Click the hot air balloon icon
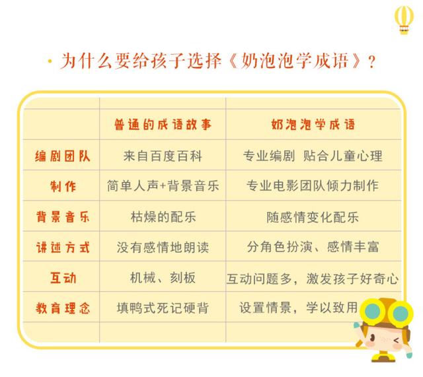tap(404, 20)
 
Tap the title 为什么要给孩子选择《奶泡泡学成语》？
tap(218, 61)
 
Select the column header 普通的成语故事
tap(163, 125)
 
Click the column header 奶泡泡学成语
tap(313, 125)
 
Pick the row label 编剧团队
tap(62, 156)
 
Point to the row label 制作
tap(63, 186)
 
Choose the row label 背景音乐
tap(63, 217)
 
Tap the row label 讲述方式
tap(63, 247)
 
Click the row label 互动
tap(63, 277)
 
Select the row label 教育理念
tap(63, 308)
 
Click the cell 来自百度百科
tap(163, 156)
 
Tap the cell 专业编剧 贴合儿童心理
tap(313, 156)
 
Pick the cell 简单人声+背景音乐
tap(163, 186)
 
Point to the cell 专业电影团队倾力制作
tap(313, 186)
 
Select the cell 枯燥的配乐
tap(163, 217)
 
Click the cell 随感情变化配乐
tap(313, 217)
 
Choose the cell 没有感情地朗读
tap(163, 248)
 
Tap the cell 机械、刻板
tap(163, 277)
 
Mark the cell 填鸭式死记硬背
tap(163, 308)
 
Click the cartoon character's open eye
tap(373, 337)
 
